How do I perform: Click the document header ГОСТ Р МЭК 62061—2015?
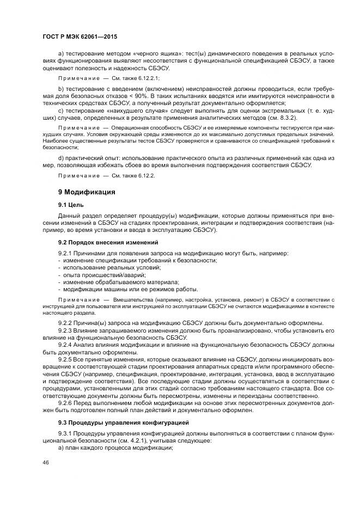coord(80,36)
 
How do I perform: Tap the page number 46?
coord(46,462)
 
